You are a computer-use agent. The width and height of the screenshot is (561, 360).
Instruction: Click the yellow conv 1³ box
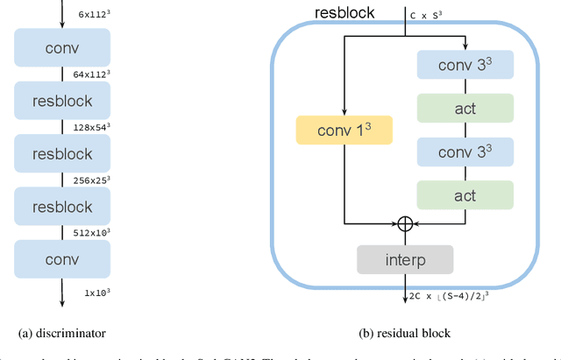pos(345,130)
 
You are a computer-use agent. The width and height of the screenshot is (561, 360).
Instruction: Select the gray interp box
pos(405,259)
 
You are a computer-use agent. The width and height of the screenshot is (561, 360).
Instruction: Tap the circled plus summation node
pos(405,223)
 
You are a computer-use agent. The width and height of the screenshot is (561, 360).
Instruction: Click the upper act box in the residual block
pos(465,109)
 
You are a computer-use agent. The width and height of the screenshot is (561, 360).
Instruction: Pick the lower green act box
pos(465,194)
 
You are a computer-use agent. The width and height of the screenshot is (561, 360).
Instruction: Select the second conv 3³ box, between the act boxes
pos(465,152)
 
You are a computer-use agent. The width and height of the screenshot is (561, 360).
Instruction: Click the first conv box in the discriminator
pos(62,48)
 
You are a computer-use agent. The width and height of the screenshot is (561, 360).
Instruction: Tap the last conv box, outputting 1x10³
pos(62,260)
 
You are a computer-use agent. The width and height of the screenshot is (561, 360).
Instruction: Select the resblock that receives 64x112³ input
pos(62,101)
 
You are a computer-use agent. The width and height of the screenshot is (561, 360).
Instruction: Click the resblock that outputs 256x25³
pos(62,154)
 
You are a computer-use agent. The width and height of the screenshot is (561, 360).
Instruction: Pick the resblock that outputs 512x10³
pos(62,207)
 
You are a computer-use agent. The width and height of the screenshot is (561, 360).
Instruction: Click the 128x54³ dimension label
pos(93,128)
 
